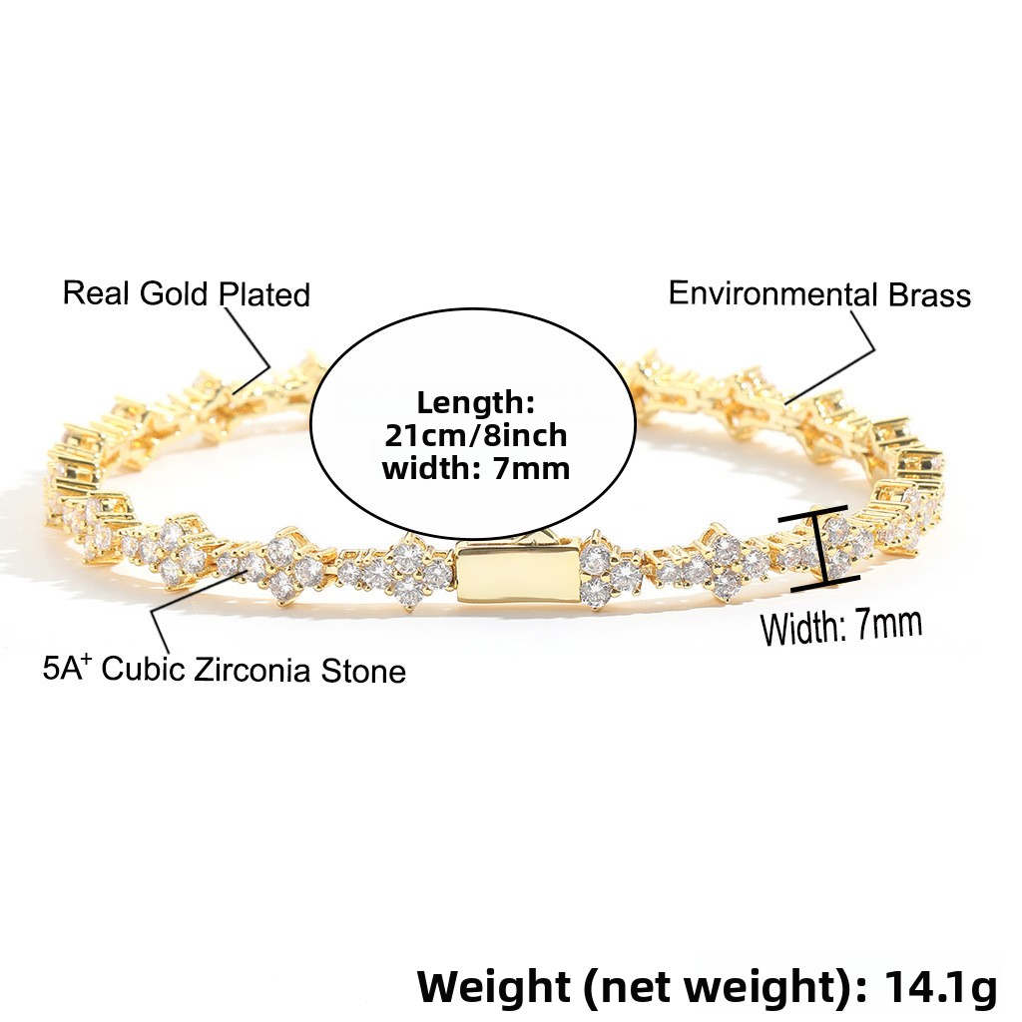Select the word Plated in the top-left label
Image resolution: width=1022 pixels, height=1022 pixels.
click(x=263, y=294)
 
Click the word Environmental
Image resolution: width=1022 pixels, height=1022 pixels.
click(x=773, y=293)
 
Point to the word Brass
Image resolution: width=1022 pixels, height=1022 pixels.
click(x=929, y=295)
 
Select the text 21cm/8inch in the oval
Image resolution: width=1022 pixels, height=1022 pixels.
click(x=476, y=435)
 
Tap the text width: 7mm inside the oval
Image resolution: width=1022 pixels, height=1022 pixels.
click(x=476, y=468)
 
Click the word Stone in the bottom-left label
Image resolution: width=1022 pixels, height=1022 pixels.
click(x=363, y=672)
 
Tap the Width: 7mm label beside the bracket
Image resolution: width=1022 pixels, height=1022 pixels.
click(x=841, y=627)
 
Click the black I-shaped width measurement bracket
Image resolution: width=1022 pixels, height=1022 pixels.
click(x=820, y=549)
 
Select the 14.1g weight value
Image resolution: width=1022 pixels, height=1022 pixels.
click(x=940, y=986)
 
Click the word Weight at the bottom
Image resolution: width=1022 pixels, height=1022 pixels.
click(x=493, y=986)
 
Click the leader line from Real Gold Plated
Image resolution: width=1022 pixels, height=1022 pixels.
click(x=250, y=349)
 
